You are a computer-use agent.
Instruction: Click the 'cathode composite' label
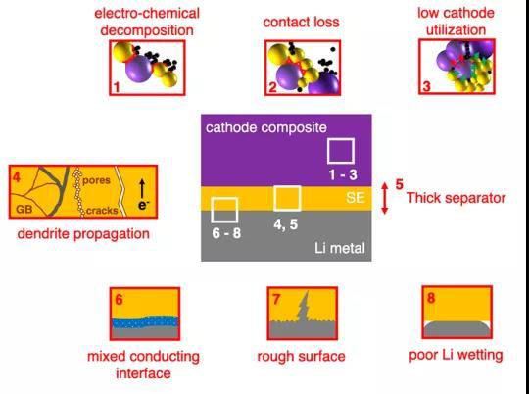click(x=266, y=128)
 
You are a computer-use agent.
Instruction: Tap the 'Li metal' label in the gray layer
click(x=340, y=249)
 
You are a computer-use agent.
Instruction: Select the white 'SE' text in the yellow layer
click(x=356, y=198)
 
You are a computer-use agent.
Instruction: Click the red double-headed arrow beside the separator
click(x=385, y=198)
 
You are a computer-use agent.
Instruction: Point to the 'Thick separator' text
click(x=457, y=198)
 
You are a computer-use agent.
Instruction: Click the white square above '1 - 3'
click(x=341, y=151)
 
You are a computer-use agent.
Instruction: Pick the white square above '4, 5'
click(x=287, y=199)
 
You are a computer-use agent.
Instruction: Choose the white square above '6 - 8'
click(x=224, y=210)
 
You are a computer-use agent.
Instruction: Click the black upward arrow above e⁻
click(x=142, y=189)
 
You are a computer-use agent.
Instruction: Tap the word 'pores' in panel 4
click(x=96, y=180)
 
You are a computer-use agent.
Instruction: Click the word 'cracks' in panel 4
click(x=102, y=211)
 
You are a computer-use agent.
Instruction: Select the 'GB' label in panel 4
click(x=24, y=210)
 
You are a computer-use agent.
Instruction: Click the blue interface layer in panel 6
click(x=145, y=322)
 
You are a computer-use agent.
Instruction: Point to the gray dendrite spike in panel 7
click(x=303, y=306)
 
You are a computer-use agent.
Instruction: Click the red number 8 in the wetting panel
click(x=431, y=298)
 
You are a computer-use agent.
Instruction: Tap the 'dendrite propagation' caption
click(x=83, y=234)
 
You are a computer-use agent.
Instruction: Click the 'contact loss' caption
click(x=302, y=23)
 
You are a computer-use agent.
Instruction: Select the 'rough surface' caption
click(x=302, y=357)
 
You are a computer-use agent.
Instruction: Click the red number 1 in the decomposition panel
click(x=117, y=87)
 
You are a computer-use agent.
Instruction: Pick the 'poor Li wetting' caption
click(x=456, y=356)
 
